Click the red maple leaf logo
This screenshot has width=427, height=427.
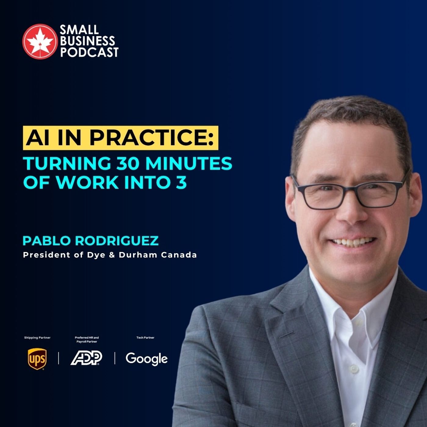pyautogui.click(x=40, y=42)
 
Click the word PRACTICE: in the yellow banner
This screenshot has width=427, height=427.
pyautogui.click(x=152, y=138)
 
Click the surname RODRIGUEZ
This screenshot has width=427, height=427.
pyautogui.click(x=117, y=241)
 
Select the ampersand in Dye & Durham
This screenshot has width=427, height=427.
pyautogui.click(x=112, y=255)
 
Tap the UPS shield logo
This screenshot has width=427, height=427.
pyautogui.click(x=37, y=359)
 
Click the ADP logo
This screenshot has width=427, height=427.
pyautogui.click(x=86, y=358)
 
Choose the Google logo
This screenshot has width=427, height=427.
pyautogui.click(x=146, y=359)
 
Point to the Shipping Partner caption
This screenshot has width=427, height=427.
pyautogui.click(x=37, y=337)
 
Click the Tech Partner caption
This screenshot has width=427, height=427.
pyautogui.click(x=145, y=337)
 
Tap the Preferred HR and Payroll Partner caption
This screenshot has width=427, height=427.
pyautogui.click(x=87, y=339)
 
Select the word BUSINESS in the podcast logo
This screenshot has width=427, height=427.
pyautogui.click(x=88, y=41)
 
